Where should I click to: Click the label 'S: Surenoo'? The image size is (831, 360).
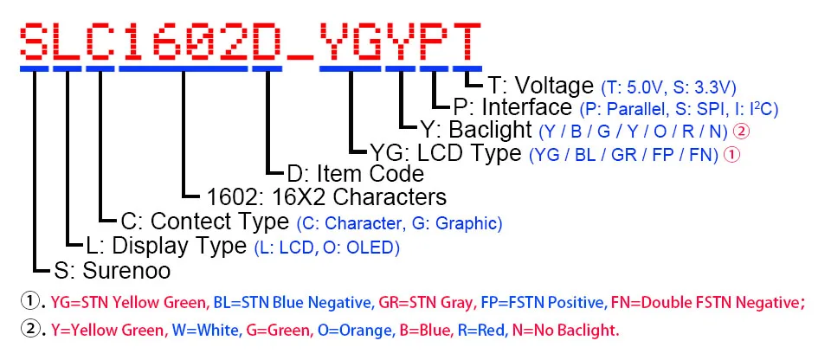(112, 271)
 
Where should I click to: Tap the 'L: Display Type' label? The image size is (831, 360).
(167, 246)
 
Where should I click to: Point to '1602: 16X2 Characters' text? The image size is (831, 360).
(328, 196)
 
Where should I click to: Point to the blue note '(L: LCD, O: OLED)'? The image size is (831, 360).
(327, 247)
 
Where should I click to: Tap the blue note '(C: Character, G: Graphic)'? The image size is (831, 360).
(399, 222)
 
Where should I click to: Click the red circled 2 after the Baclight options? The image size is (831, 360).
(741, 132)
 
